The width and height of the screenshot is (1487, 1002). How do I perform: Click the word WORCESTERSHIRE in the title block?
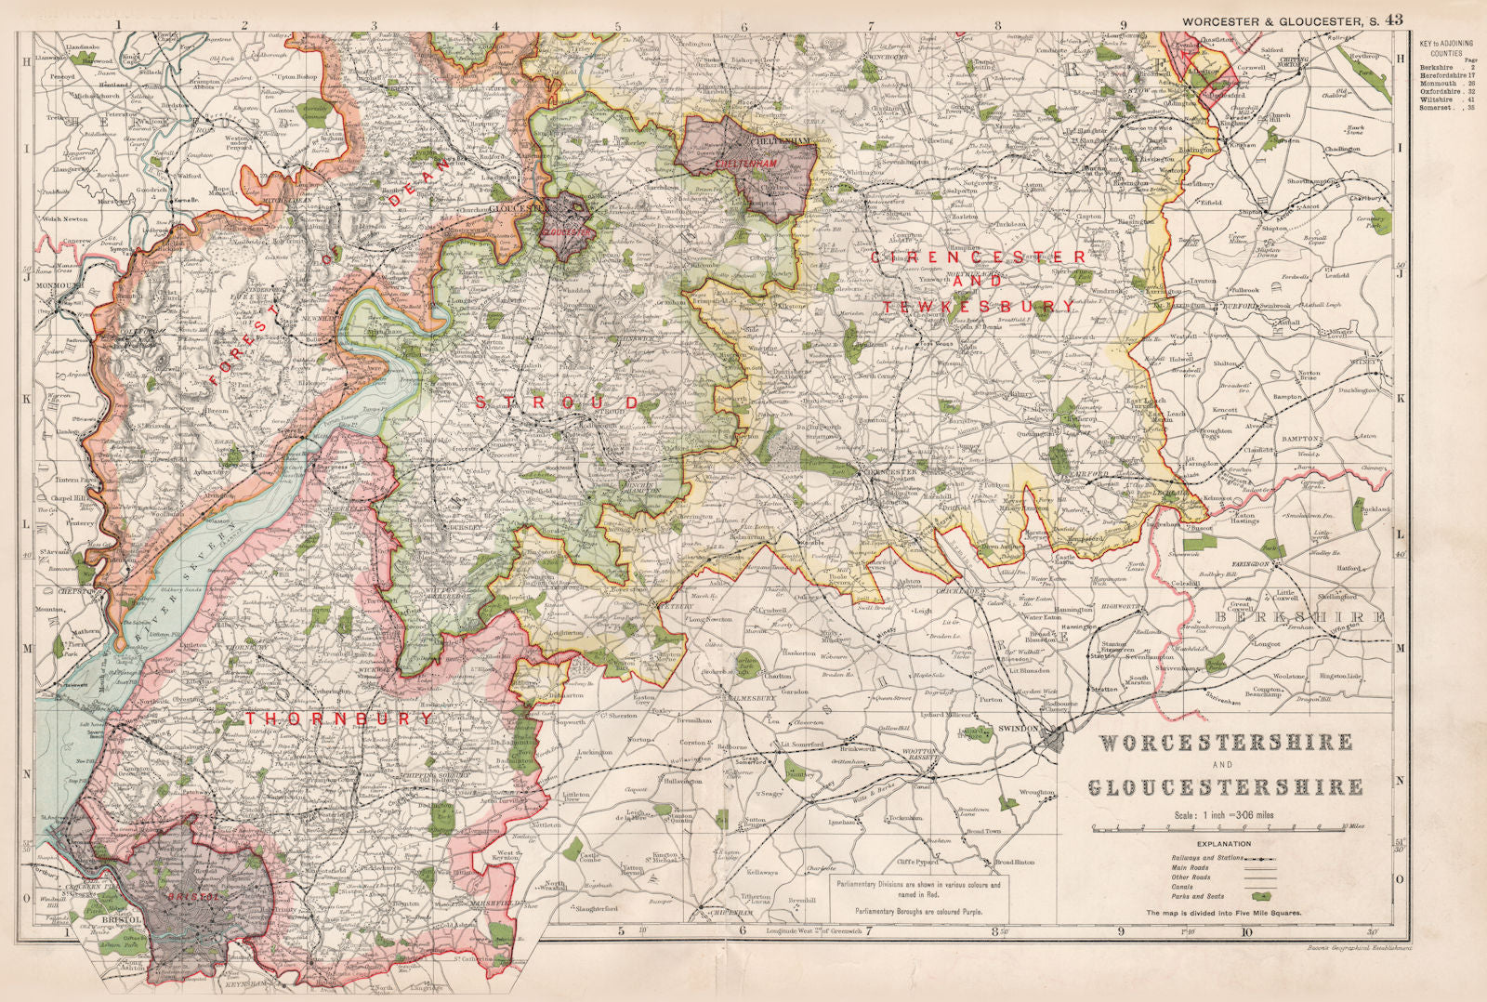click(1226, 743)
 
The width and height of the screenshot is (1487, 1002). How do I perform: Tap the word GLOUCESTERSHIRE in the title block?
click(1226, 787)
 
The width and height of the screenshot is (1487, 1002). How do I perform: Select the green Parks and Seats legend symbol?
click(1260, 896)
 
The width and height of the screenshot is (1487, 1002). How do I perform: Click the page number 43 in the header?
click(1393, 19)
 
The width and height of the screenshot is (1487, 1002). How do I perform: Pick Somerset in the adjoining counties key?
click(1437, 108)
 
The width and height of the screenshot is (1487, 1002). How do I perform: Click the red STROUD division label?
click(557, 402)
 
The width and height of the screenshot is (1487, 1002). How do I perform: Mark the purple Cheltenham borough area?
click(749, 164)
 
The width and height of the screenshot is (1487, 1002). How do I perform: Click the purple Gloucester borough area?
click(568, 227)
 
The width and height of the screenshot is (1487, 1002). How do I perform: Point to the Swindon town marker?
click(1053, 739)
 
